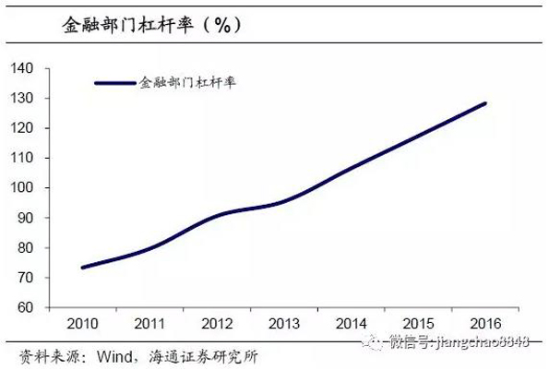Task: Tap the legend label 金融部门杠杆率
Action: click(188, 83)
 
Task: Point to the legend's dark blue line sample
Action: click(115, 83)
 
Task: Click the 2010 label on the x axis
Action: click(81, 324)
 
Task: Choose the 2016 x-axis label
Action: click(485, 324)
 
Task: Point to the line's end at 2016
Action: click(485, 103)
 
